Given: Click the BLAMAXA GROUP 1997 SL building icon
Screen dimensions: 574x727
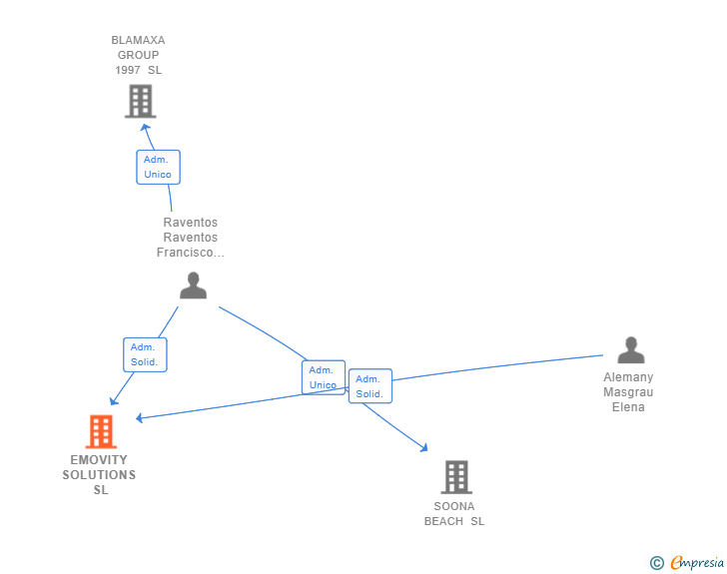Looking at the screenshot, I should (x=140, y=101).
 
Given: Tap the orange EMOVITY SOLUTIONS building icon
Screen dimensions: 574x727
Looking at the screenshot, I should (x=100, y=431).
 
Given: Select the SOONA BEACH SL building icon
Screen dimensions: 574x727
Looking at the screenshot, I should (x=455, y=477).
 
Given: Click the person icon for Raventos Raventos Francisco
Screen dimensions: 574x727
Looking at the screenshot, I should (x=193, y=286).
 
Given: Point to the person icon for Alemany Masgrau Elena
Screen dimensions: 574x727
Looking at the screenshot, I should (x=630, y=350).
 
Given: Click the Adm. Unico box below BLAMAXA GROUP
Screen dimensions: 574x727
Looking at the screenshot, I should (x=158, y=167).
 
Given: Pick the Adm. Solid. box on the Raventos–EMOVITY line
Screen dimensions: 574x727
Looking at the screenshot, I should (x=145, y=354).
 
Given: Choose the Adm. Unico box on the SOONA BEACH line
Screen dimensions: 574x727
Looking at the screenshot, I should (x=323, y=377).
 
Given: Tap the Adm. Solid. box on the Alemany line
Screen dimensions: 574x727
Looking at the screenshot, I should (x=369, y=386).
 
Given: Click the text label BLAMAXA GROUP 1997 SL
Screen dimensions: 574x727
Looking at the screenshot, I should (x=138, y=55).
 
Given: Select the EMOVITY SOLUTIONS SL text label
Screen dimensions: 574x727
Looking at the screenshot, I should (x=99, y=474).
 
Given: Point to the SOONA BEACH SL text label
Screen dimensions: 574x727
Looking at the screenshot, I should (x=454, y=513).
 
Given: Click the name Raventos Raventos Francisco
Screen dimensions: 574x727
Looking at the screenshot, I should (x=190, y=238).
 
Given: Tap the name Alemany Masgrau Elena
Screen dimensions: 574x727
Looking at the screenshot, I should (x=628, y=392).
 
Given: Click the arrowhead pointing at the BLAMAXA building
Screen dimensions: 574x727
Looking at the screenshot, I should (x=146, y=126).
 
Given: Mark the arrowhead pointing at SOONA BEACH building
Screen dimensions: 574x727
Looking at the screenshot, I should (x=423, y=449).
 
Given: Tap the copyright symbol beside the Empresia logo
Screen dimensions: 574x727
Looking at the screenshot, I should (x=656, y=563).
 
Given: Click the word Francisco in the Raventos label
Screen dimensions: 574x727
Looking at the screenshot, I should (x=190, y=253).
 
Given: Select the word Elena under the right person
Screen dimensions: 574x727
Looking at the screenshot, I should (x=628, y=407).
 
